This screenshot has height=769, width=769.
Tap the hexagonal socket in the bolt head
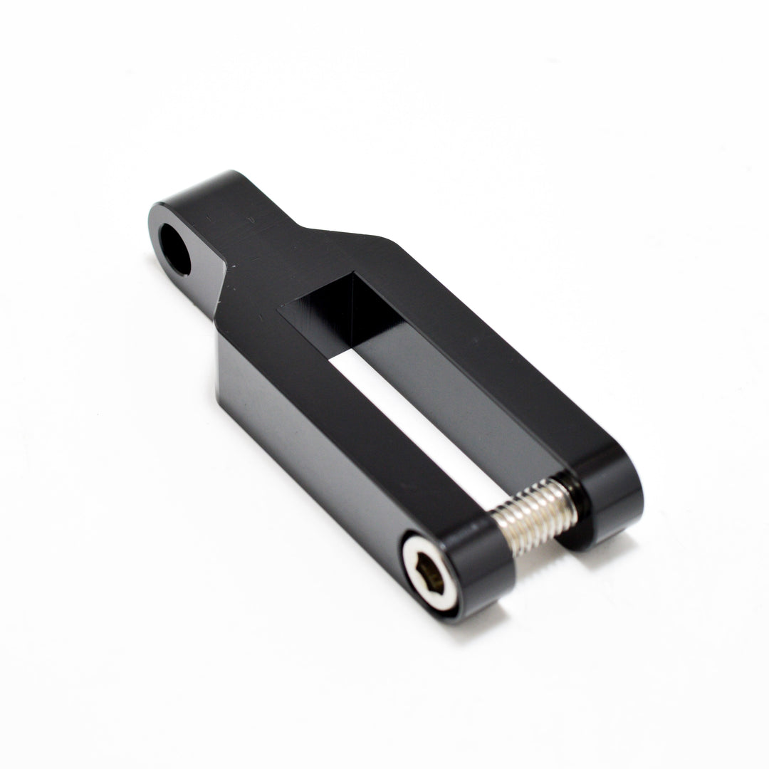pyautogui.click(x=427, y=574)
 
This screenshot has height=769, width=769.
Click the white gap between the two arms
pyautogui.click(x=420, y=413)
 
